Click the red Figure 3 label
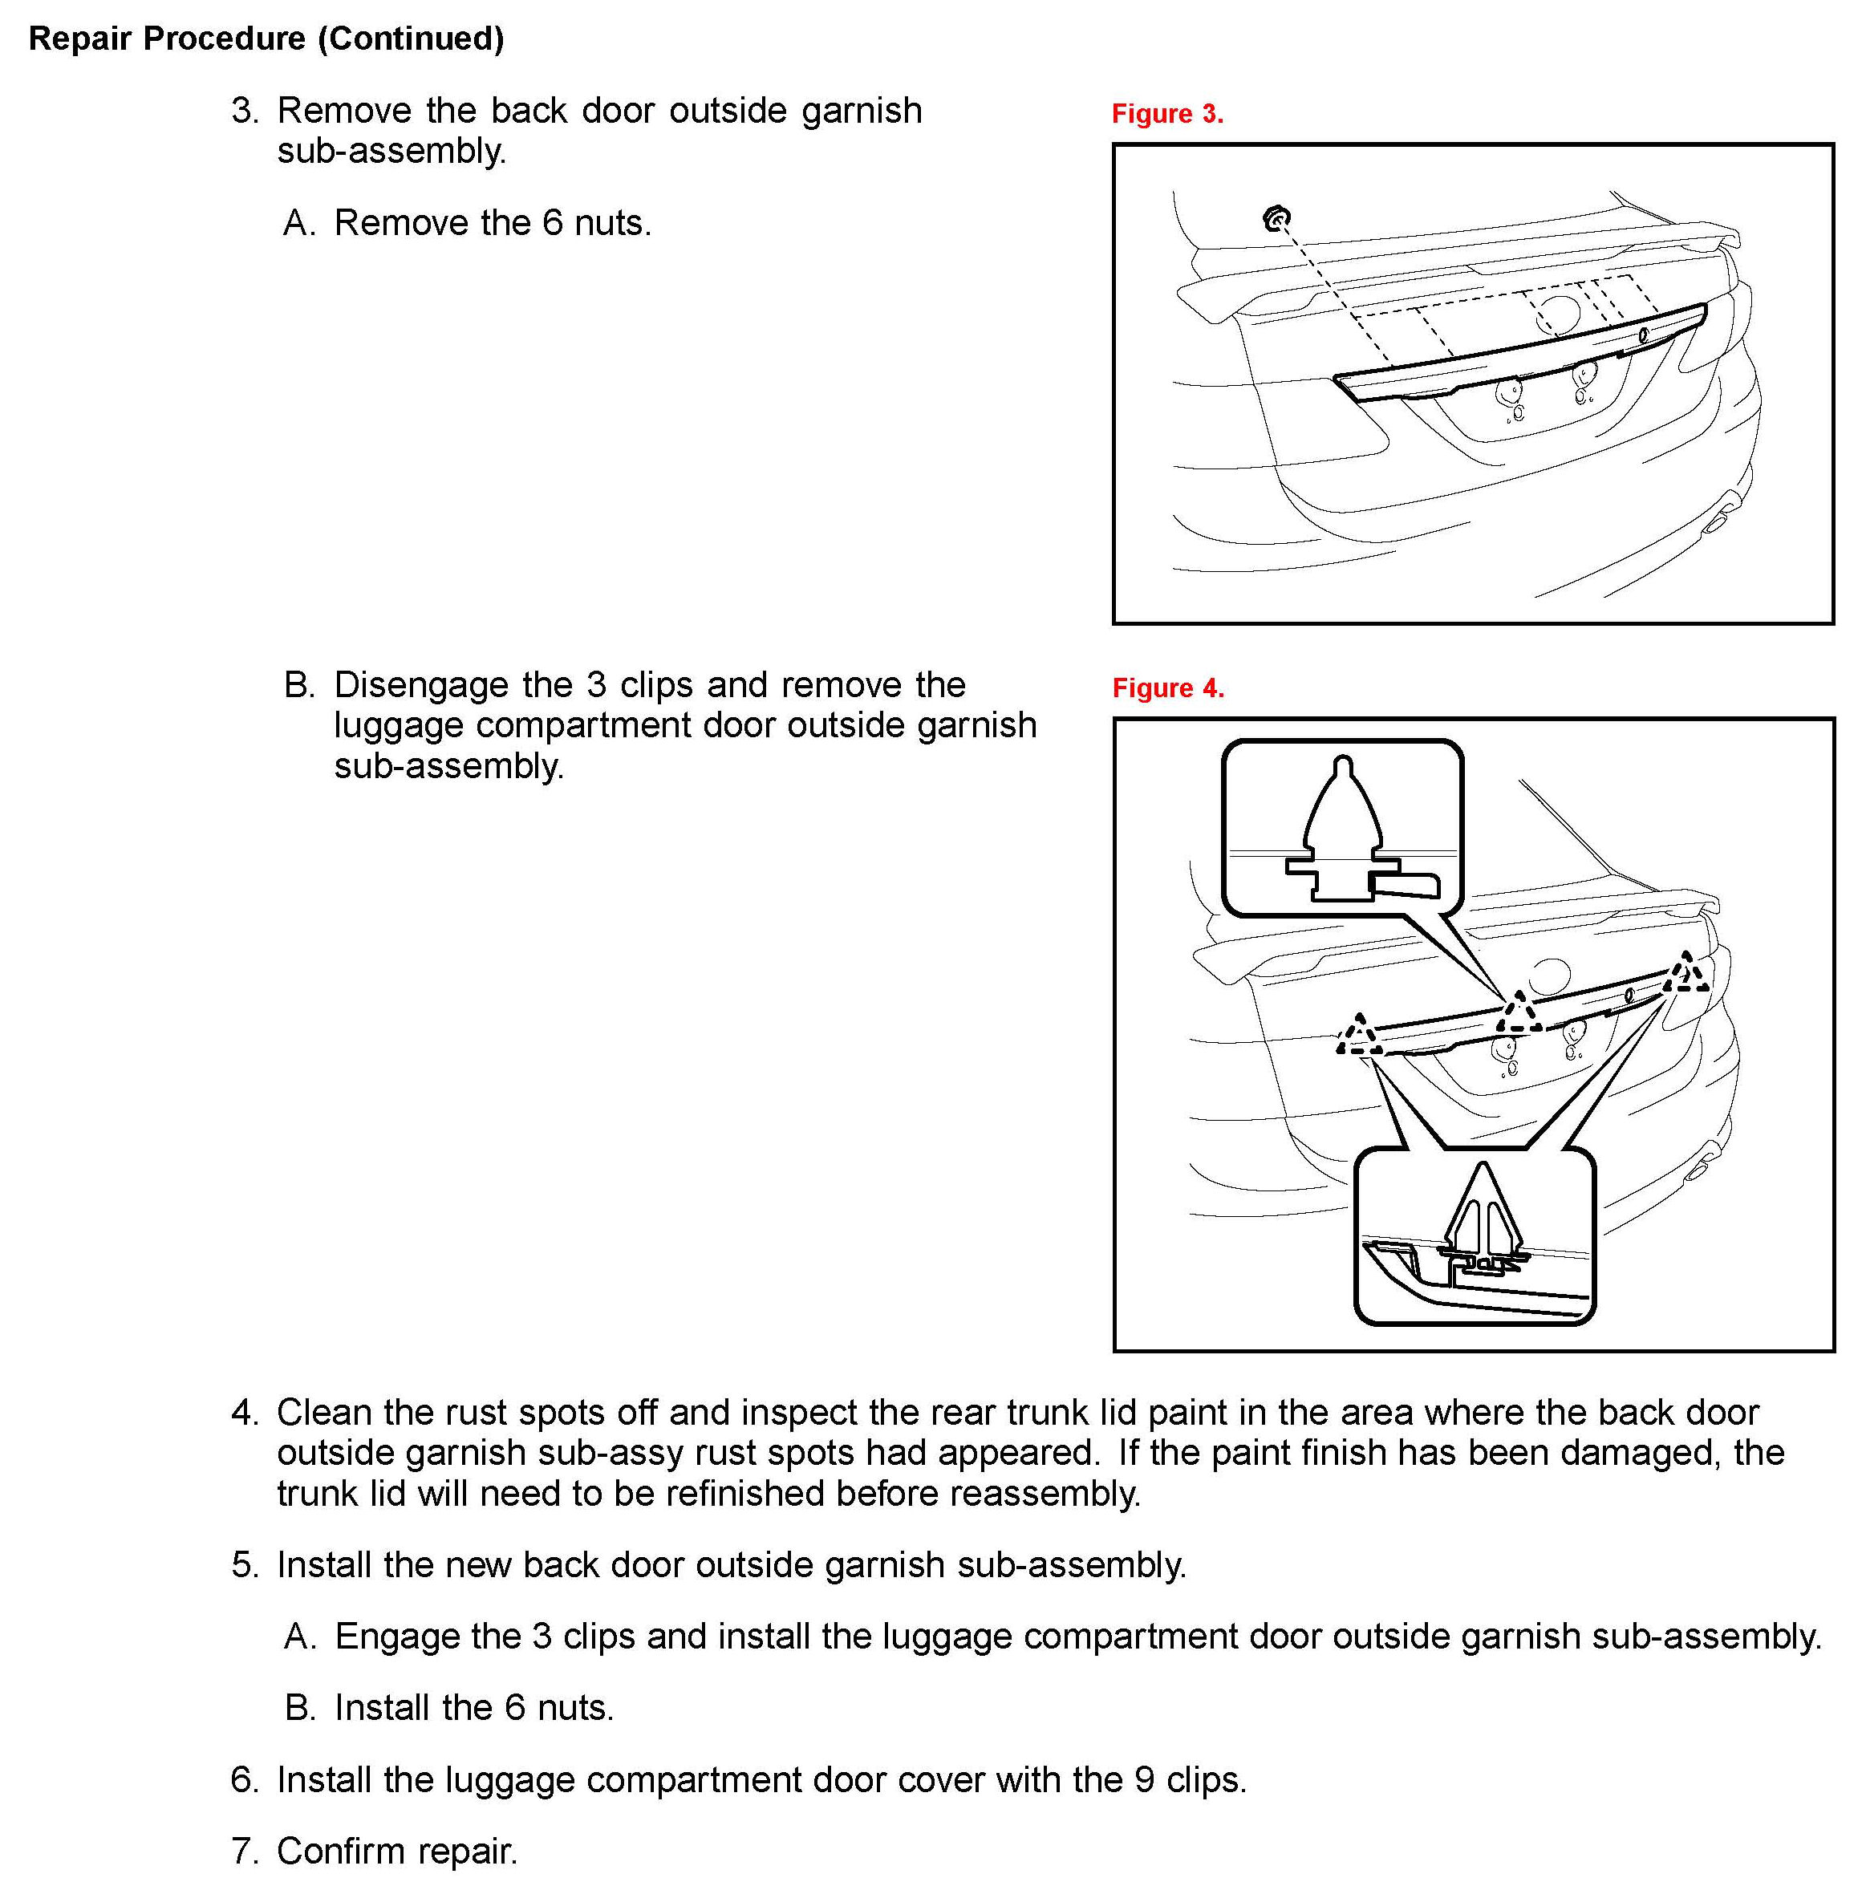[x=1166, y=114]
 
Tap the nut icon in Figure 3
[x=1276, y=219]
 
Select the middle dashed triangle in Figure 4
[x=1518, y=1014]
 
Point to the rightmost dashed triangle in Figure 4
[x=1685, y=973]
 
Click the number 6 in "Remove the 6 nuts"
[x=552, y=224]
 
